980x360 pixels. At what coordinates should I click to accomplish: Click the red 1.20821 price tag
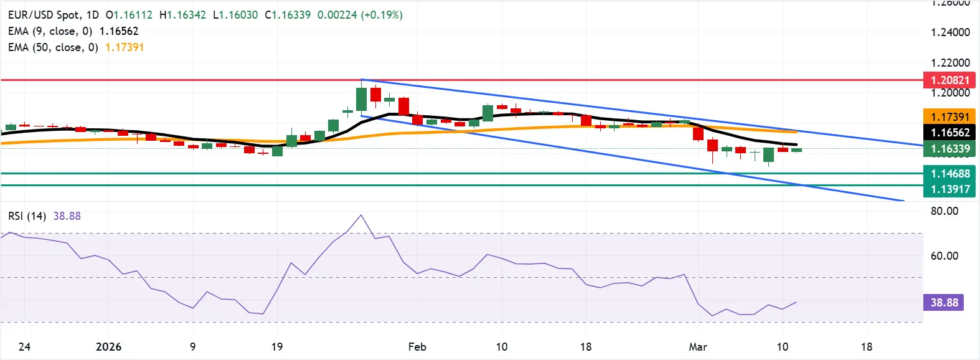coord(949,80)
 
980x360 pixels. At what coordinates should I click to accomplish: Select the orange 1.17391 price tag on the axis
coord(949,116)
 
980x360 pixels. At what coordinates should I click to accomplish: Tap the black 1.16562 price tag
coord(949,132)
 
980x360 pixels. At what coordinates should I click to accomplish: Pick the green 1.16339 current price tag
coord(949,148)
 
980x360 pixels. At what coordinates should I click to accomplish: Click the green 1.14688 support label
coord(949,174)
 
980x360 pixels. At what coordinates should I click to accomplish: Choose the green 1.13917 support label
coord(949,189)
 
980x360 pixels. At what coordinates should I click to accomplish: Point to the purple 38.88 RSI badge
coord(944,303)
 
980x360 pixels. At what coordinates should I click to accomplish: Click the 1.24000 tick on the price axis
coord(950,32)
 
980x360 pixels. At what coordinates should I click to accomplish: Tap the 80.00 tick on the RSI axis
coord(945,211)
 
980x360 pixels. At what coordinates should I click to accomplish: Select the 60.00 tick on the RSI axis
coord(945,256)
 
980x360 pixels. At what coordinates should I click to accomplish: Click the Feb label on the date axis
coord(417,347)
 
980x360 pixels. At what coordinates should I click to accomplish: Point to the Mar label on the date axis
coord(698,347)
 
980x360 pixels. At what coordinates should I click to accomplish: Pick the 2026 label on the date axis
coord(108,347)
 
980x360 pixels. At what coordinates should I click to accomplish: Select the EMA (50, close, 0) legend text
coord(53,47)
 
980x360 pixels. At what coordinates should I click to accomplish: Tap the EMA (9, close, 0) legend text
coord(50,31)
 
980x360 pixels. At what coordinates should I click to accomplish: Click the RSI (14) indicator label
coord(27,216)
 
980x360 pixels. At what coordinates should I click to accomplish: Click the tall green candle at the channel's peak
coord(361,98)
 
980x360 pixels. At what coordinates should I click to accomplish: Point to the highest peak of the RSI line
coord(361,216)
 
